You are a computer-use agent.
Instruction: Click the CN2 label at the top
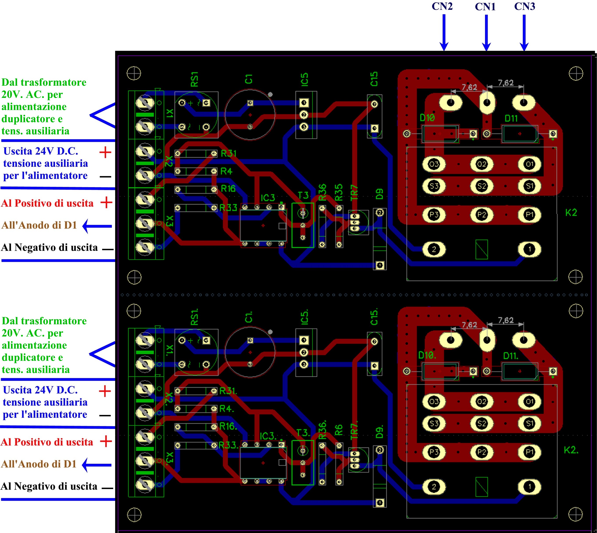442,6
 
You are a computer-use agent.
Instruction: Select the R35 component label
339,192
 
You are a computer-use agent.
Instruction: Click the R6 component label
339,430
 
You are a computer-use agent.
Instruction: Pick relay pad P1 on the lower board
529,452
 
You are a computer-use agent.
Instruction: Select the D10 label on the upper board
427,118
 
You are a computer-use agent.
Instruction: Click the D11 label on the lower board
511,356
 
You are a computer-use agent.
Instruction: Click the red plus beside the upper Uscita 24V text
105,152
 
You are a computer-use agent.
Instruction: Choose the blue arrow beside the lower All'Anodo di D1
97,465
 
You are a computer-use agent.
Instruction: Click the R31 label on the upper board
228,153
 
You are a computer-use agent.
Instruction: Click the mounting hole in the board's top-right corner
576,73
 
